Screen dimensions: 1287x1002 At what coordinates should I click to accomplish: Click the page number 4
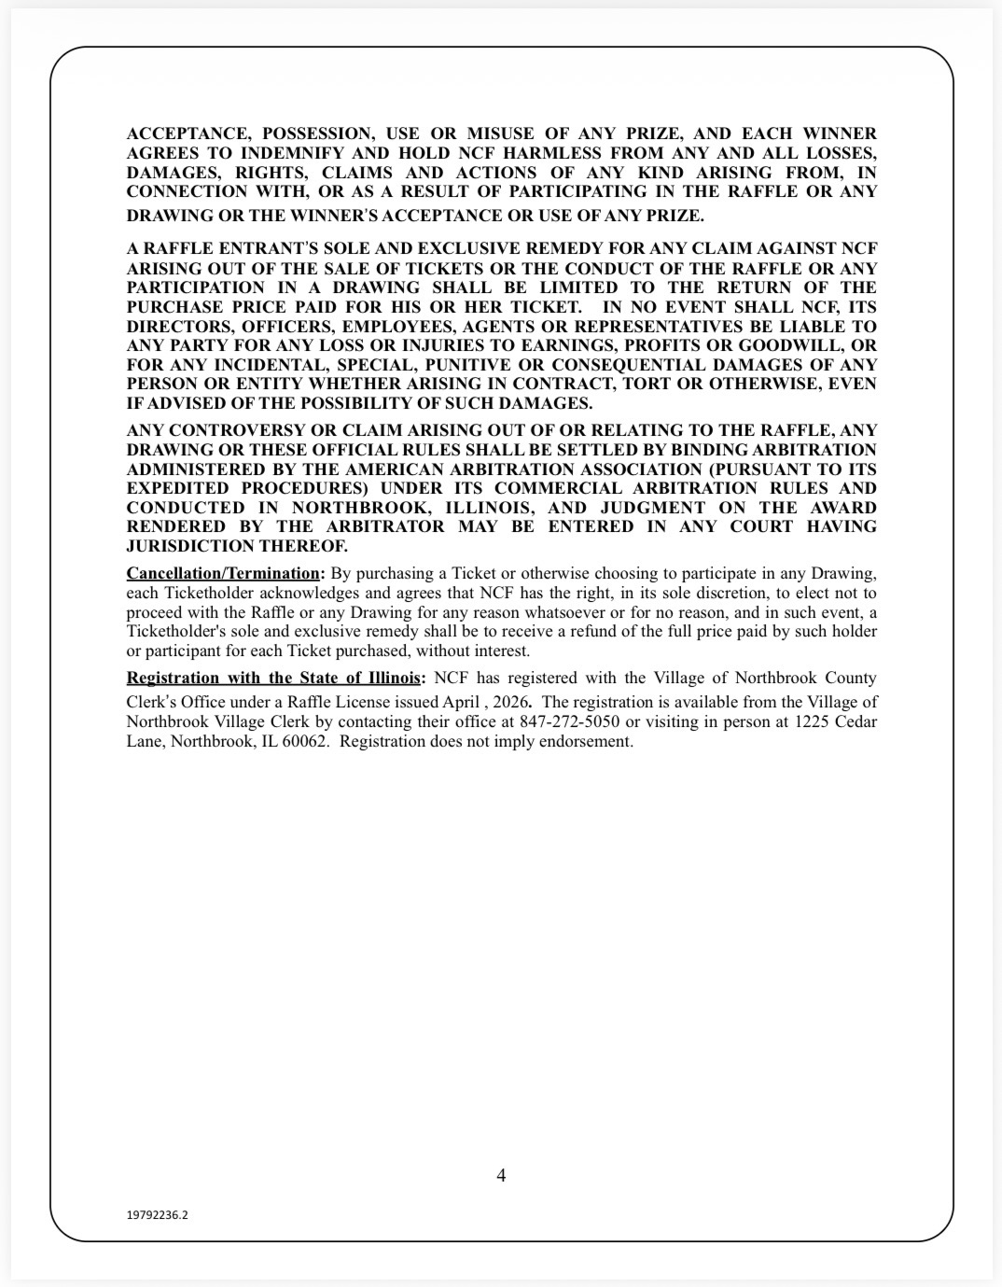click(501, 1175)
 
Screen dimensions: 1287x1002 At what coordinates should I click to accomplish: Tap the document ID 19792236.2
click(157, 1215)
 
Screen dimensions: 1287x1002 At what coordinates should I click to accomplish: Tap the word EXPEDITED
click(178, 488)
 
